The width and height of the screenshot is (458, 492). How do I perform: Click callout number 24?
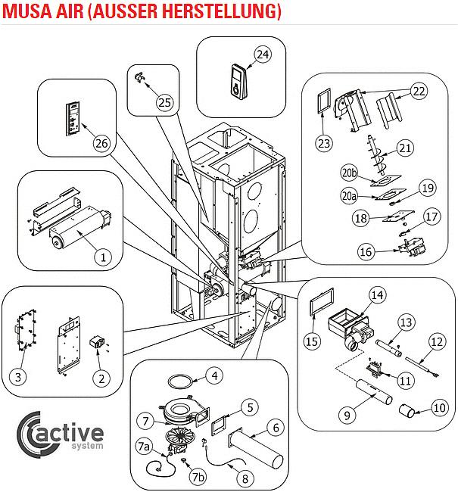(x=262, y=54)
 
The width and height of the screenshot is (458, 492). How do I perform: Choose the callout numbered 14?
(x=378, y=294)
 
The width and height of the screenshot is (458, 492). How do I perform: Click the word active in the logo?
(x=76, y=434)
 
